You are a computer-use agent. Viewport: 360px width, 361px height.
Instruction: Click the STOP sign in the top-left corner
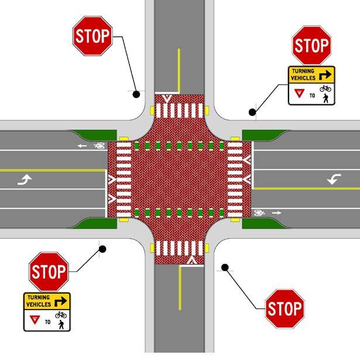(x=92, y=36)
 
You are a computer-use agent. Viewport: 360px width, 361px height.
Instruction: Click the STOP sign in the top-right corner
(x=310, y=44)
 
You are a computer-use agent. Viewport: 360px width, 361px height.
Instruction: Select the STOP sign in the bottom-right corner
(x=284, y=308)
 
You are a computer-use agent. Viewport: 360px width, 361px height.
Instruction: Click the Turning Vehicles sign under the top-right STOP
(x=310, y=85)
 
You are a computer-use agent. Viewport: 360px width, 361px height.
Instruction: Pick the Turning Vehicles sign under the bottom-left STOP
(x=47, y=311)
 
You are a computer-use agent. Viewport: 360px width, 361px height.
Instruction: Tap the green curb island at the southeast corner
(x=260, y=223)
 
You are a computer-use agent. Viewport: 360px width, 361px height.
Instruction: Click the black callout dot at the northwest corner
(x=136, y=93)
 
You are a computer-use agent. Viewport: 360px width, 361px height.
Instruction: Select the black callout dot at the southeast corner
(x=224, y=267)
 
